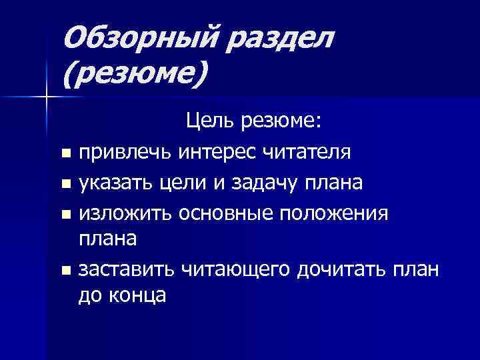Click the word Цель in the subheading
pyautogui.click(x=209, y=122)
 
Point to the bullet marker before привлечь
pyautogui.click(x=65, y=155)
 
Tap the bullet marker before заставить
pyautogui.click(x=65, y=271)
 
